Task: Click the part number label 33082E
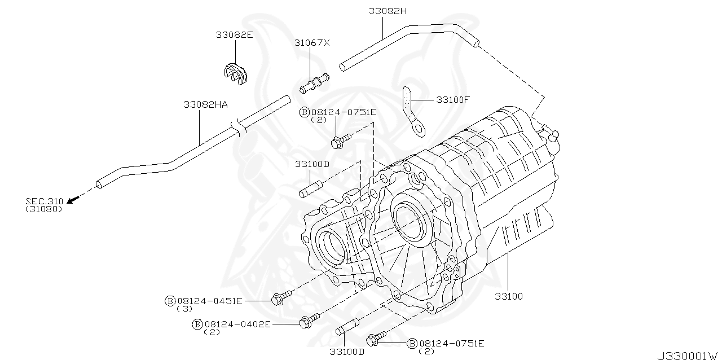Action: (x=234, y=34)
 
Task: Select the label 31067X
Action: (x=311, y=42)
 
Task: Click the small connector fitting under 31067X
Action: (x=314, y=83)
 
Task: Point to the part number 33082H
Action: (x=388, y=11)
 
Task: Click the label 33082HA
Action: (x=205, y=104)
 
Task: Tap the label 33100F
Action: (x=452, y=99)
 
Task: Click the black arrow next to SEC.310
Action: (x=72, y=199)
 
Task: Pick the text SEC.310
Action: (x=44, y=201)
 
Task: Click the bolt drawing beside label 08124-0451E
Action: (x=281, y=298)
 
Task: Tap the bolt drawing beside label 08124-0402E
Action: (x=309, y=321)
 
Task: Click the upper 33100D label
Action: (x=311, y=164)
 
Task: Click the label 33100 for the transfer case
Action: (x=509, y=296)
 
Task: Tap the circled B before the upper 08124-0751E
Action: (x=304, y=112)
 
